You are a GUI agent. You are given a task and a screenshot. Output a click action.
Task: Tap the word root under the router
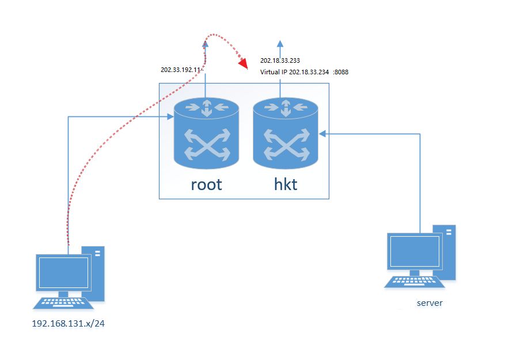pos(206,184)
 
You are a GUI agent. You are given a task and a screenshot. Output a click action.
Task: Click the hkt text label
pos(286,184)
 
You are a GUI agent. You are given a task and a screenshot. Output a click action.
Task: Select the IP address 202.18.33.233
pos(280,60)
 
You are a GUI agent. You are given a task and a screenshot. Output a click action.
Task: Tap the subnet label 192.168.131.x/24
pos(69,324)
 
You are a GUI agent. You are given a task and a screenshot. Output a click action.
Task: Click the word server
pos(430,303)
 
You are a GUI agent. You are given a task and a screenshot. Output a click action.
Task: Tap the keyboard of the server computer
pos(414,281)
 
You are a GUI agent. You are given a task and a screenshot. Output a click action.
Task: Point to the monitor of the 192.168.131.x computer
pos(63,272)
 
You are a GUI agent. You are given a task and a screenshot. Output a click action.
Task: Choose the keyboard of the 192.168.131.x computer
pos(61,302)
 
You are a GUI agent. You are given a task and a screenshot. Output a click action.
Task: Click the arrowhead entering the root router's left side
pos(171,117)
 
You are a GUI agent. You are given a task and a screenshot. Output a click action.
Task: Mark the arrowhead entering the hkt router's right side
pos(322,134)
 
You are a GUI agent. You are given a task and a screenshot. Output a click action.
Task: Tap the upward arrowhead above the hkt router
pos(280,43)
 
